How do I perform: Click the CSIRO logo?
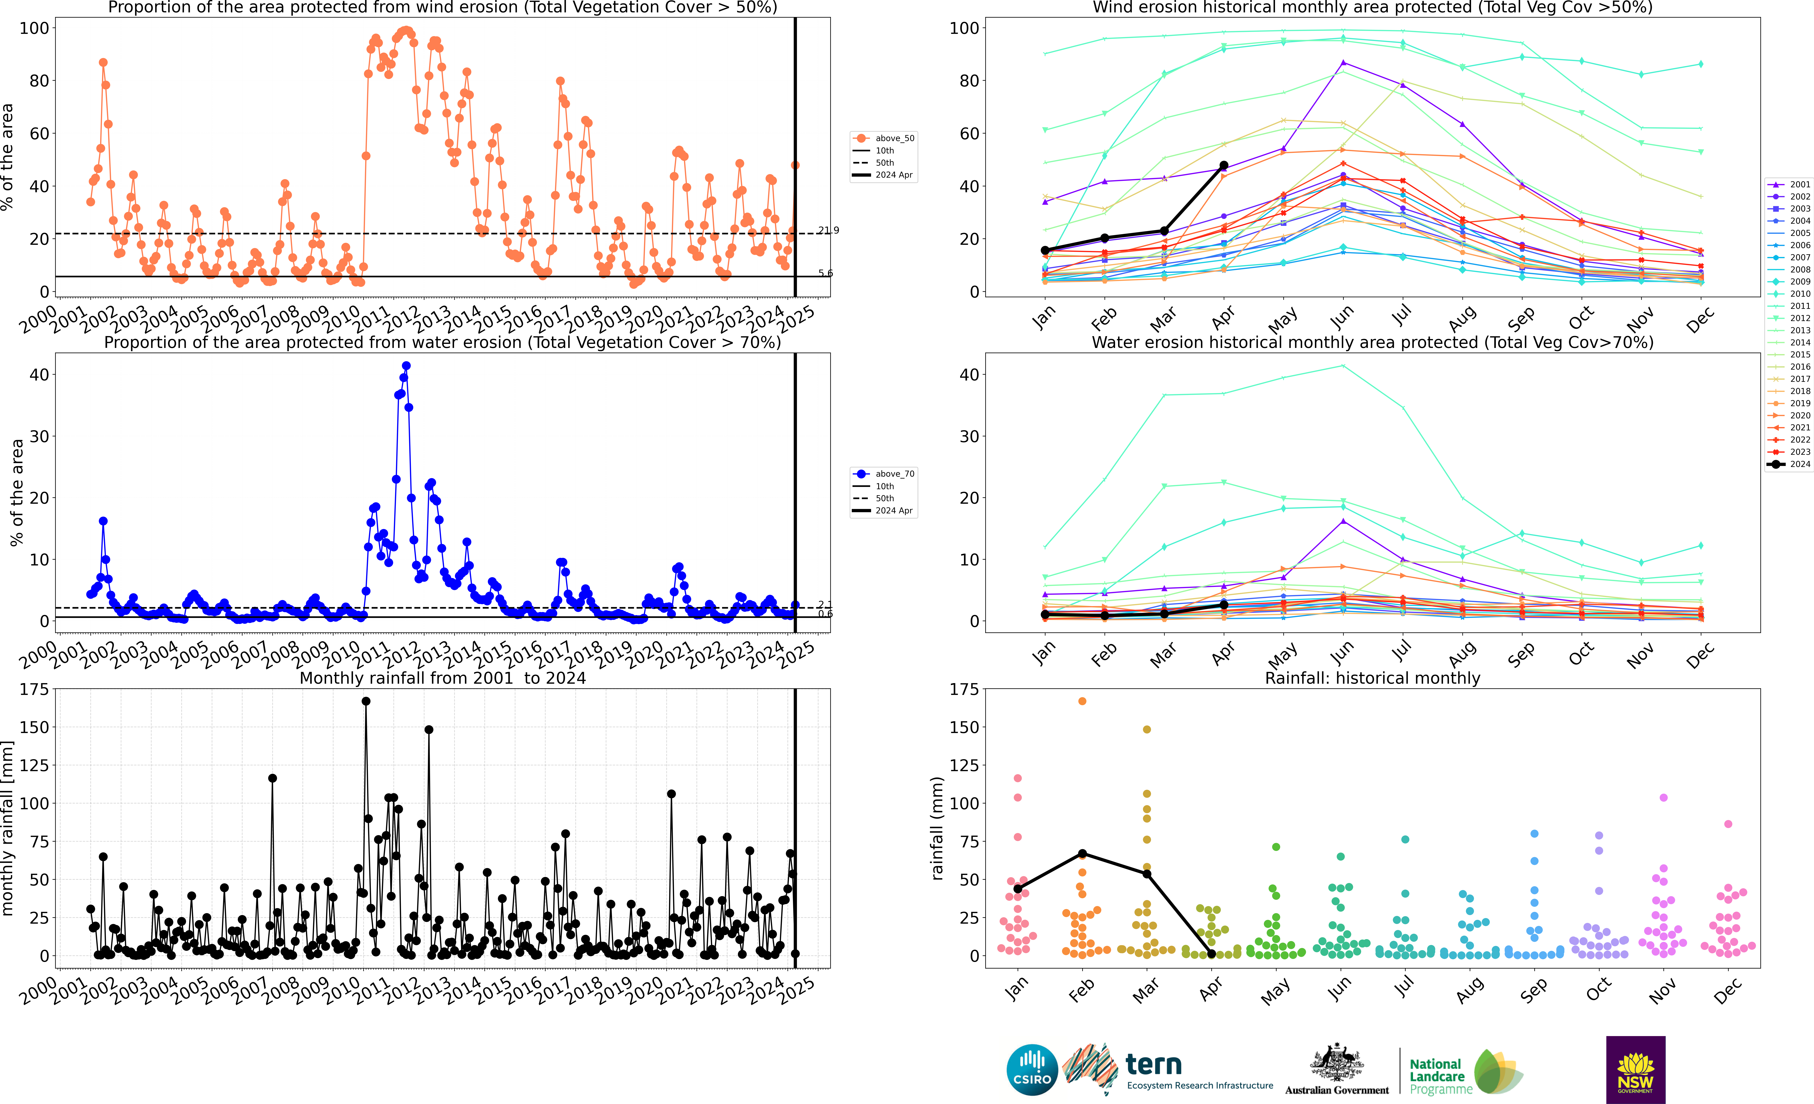click(x=1032, y=1069)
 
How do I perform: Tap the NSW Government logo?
click(x=1636, y=1069)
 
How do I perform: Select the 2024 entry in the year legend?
click(x=1789, y=464)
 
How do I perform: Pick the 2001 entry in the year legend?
click(x=1789, y=184)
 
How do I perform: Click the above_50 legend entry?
click(x=883, y=138)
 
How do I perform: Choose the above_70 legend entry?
click(x=883, y=474)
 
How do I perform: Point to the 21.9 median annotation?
click(x=828, y=230)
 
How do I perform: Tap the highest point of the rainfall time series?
click(x=366, y=701)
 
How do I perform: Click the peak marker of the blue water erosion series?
click(x=406, y=366)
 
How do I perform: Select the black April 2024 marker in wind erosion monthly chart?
click(x=1224, y=166)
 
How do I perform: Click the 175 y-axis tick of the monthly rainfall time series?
click(x=35, y=690)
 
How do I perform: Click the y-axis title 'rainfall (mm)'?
click(x=937, y=828)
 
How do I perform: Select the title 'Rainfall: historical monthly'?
click(x=1372, y=678)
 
